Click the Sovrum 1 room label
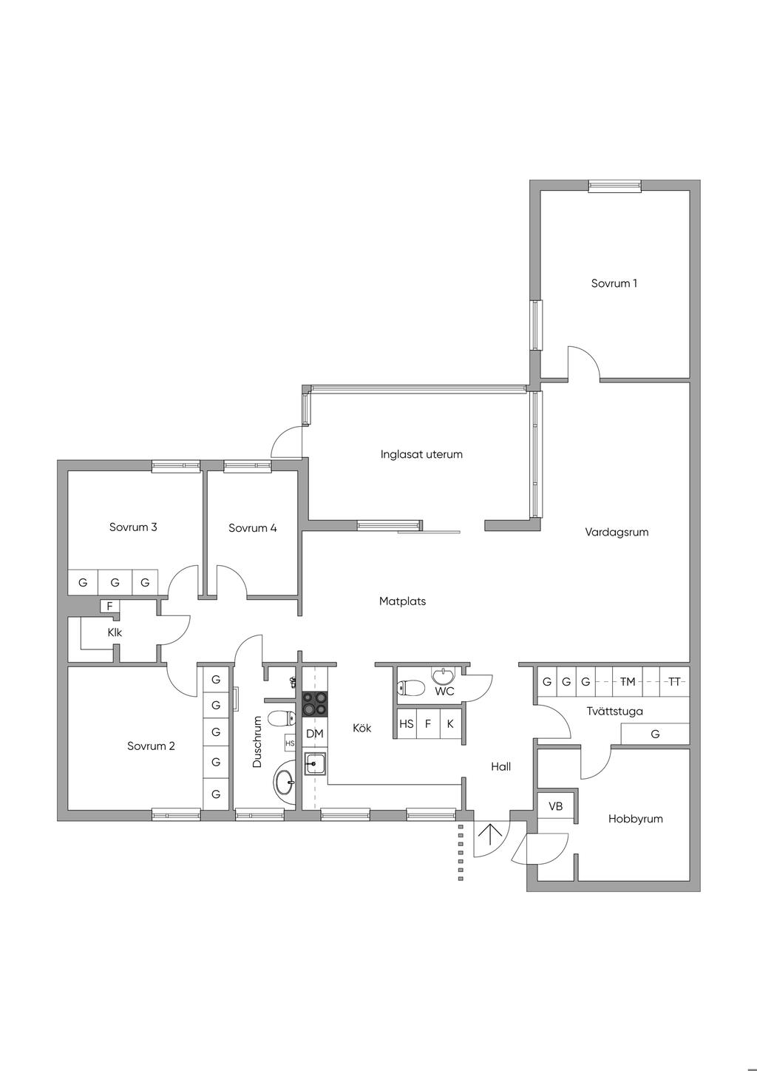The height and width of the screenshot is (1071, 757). pos(614,283)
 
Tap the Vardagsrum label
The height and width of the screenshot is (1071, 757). pos(617,532)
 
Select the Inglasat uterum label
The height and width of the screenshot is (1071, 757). pos(421,454)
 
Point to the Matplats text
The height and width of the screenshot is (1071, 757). pos(402,601)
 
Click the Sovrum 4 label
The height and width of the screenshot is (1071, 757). pos(252,528)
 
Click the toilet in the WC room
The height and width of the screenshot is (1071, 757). pos(410,688)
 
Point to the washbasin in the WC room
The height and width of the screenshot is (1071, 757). pos(444,676)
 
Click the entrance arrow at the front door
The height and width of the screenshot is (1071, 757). pos(489,836)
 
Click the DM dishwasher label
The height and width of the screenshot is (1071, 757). pos(314,734)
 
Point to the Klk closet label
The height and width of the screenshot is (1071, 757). pos(115,632)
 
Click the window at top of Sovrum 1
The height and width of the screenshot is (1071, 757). pos(614,186)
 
